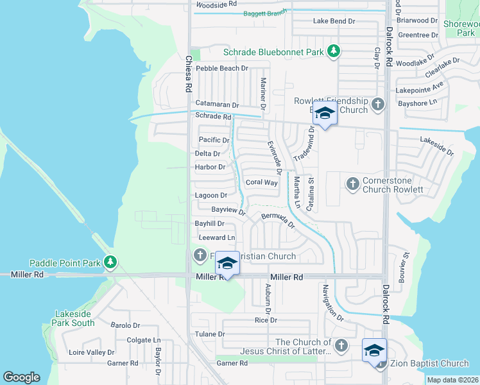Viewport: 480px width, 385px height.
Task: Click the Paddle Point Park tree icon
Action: click(111, 262)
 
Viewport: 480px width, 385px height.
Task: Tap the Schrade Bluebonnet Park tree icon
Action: click(333, 51)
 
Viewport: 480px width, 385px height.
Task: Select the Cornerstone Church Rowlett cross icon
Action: click(352, 184)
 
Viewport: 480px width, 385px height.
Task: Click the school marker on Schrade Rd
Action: click(325, 115)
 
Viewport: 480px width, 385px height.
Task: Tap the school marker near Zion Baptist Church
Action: click(374, 350)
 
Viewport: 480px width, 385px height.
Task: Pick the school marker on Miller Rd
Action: click(227, 264)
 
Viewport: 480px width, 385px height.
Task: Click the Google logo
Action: click(21, 377)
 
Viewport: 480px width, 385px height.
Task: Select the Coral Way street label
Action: click(262, 183)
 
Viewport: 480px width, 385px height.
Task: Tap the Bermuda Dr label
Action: click(277, 221)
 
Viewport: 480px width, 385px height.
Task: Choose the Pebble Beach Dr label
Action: click(221, 68)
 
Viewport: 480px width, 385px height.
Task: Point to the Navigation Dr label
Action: click(334, 302)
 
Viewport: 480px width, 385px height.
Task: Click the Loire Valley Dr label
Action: click(91, 352)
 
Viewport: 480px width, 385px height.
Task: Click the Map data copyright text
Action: click(452, 380)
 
